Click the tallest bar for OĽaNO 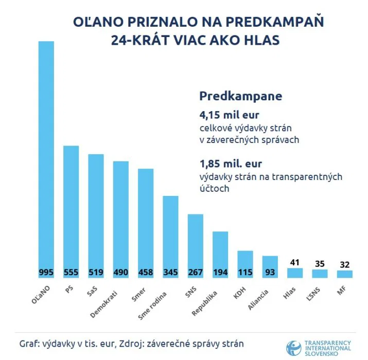tap(46, 154)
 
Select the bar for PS tap(71, 206)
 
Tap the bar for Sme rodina tap(170, 231)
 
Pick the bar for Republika tap(220, 249)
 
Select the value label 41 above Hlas tap(295, 262)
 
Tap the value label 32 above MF tap(345, 264)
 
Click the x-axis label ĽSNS tap(314, 294)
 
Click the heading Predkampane tap(240, 97)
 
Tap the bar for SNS tap(195, 242)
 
